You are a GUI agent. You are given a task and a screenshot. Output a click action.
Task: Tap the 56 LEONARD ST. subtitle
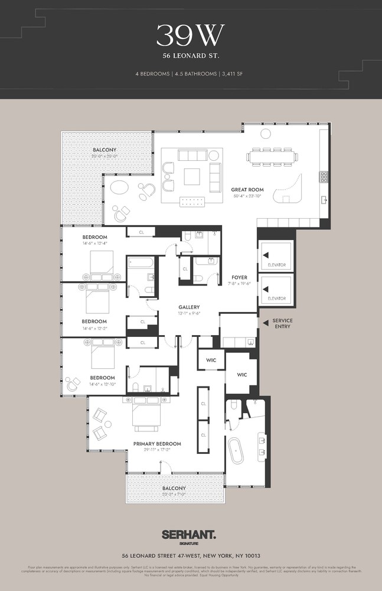point(190,56)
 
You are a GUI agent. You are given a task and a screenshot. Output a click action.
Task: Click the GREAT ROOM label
point(247,190)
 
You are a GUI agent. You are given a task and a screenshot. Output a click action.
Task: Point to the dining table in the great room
point(271,157)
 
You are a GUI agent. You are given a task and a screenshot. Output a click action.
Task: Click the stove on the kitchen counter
point(324,176)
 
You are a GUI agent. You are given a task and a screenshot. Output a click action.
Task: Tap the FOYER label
point(239,277)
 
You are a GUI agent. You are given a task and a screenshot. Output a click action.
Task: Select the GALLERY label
point(189,307)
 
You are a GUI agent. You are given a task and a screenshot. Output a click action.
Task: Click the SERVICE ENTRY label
point(282,323)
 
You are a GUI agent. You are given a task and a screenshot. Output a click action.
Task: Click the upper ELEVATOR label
point(276,265)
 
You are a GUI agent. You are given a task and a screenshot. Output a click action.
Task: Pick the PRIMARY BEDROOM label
point(157,443)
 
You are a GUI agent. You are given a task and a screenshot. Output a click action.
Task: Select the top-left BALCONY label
point(104,150)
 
